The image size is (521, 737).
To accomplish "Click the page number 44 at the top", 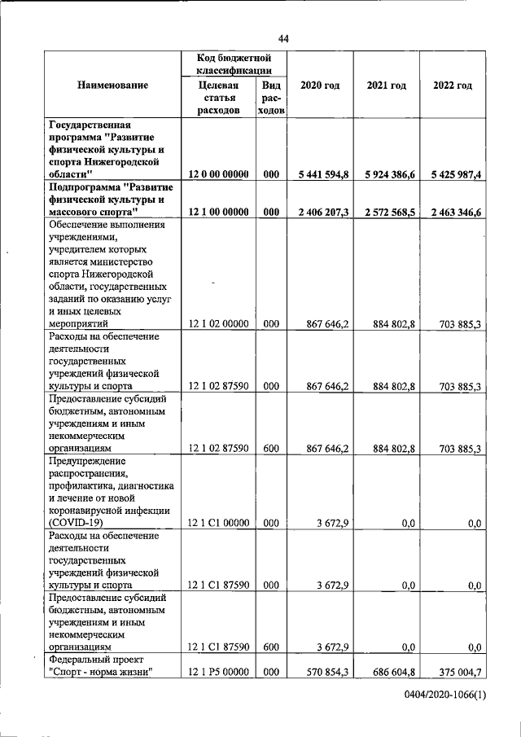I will tap(283, 38).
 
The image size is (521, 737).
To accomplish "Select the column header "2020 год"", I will tap(320, 86).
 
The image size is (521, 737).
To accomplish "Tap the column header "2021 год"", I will tap(386, 86).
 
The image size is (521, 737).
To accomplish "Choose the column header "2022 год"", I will tap(453, 86).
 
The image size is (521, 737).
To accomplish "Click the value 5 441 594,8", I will tap(322, 174).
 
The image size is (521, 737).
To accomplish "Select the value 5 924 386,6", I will tap(389, 174).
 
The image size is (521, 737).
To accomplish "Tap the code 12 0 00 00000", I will tap(218, 174).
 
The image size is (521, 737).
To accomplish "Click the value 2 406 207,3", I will tap(322, 212).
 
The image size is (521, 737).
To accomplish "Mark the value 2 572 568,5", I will tap(389, 212).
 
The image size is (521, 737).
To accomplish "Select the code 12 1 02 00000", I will tap(218, 324).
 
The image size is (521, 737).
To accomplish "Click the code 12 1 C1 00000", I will tap(218, 524).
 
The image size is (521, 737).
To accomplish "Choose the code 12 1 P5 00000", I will tap(218, 673).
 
